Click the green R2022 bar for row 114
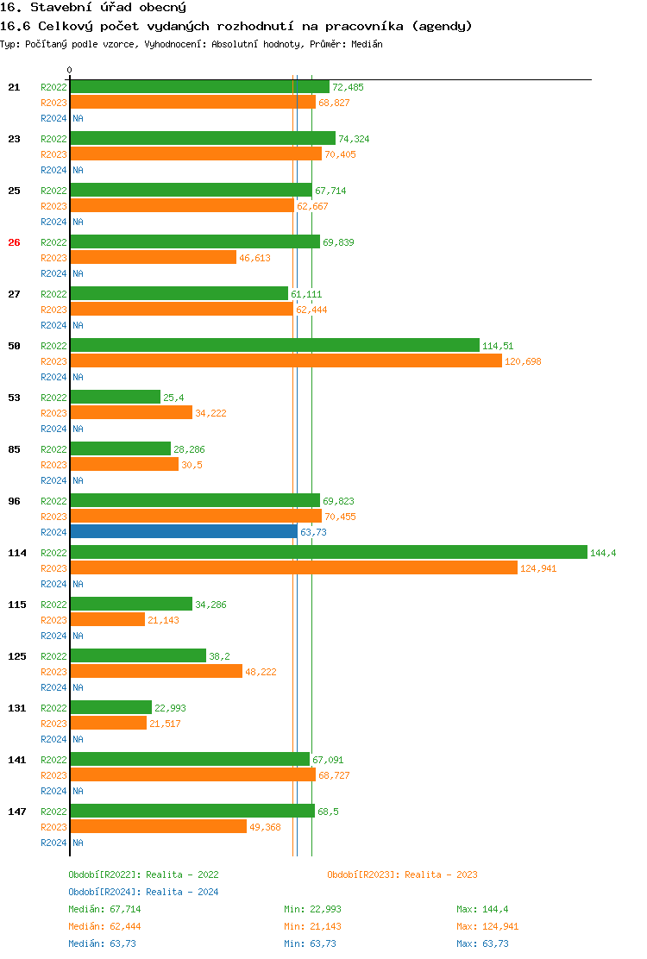328,552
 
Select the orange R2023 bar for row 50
286,360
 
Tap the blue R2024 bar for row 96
184,531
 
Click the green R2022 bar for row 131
110,707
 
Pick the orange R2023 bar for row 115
107,619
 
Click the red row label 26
14,242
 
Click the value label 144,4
602,553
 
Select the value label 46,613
255,258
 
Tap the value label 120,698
523,361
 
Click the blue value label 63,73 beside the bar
313,532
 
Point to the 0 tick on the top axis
70,70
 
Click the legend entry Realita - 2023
402,874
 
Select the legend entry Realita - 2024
143,892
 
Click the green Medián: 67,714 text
104,909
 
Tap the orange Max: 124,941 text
487,926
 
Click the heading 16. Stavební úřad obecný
87,7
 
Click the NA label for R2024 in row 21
78,118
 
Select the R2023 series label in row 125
53,672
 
